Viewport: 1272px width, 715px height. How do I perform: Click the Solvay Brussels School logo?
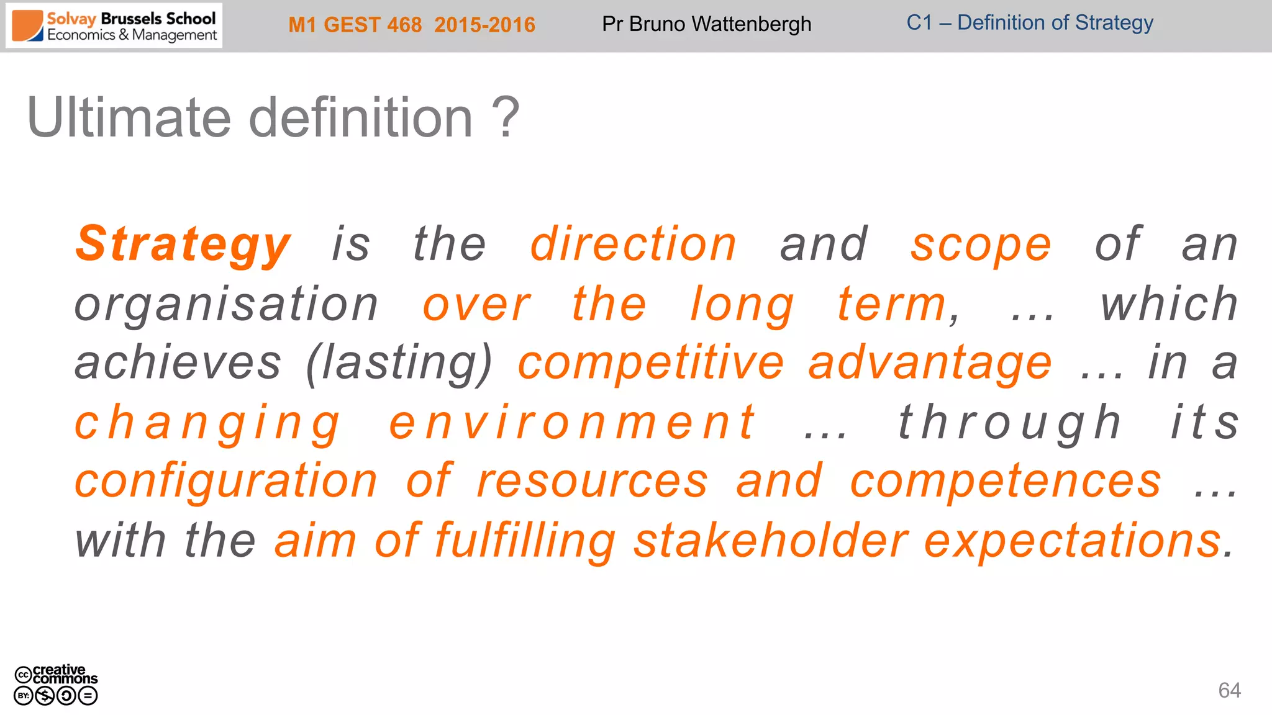click(114, 26)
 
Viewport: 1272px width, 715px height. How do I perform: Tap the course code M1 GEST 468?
click(355, 25)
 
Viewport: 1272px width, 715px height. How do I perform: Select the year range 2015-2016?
click(484, 25)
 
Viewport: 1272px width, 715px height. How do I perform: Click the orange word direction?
click(633, 244)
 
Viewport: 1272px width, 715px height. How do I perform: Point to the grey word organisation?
click(226, 304)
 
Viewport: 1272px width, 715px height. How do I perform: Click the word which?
click(1169, 304)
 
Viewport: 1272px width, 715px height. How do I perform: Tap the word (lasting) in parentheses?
click(399, 363)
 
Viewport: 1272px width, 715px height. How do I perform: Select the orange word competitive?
click(651, 363)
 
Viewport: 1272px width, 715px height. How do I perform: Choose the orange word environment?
click(572, 423)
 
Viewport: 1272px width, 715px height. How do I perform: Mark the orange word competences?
click(1006, 481)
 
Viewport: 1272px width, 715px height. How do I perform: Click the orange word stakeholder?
click(771, 541)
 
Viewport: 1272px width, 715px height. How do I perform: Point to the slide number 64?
click(1229, 690)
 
